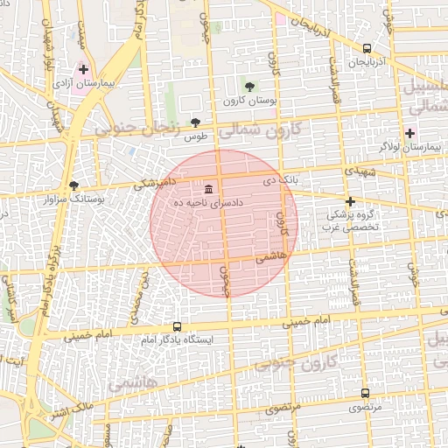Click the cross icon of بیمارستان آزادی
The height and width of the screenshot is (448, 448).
tap(83, 68)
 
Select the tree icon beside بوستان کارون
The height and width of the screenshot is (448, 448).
tap(250, 86)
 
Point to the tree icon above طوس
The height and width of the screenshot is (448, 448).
tap(194, 122)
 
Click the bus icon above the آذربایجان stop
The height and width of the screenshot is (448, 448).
tap(366, 49)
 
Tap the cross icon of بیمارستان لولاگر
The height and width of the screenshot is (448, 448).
tap(409, 133)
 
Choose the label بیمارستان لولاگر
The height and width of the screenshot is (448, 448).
tap(409, 148)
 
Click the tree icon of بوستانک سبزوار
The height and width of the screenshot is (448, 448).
tap(73, 185)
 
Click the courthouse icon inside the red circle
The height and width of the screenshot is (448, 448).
tap(208, 189)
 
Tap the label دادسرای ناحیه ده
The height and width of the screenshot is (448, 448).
tap(213, 203)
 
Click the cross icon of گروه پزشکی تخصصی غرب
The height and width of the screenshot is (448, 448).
tap(350, 201)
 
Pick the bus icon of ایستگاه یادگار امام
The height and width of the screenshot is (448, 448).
tap(178, 325)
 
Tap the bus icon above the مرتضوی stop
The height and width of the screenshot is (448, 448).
tap(365, 393)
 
